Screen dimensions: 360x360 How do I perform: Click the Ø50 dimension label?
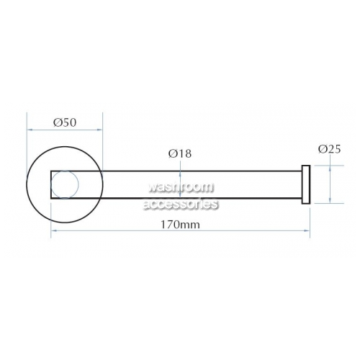65,122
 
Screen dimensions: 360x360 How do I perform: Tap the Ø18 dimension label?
180,153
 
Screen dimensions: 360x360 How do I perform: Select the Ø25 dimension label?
329,149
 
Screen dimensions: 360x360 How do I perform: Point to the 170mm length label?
180,225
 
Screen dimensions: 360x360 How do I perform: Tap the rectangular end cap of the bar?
306,184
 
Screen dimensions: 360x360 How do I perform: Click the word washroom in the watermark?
181,187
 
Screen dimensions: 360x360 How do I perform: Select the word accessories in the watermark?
181,204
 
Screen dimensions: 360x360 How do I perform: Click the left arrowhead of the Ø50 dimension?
30,130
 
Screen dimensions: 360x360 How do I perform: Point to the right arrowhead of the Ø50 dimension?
100,130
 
